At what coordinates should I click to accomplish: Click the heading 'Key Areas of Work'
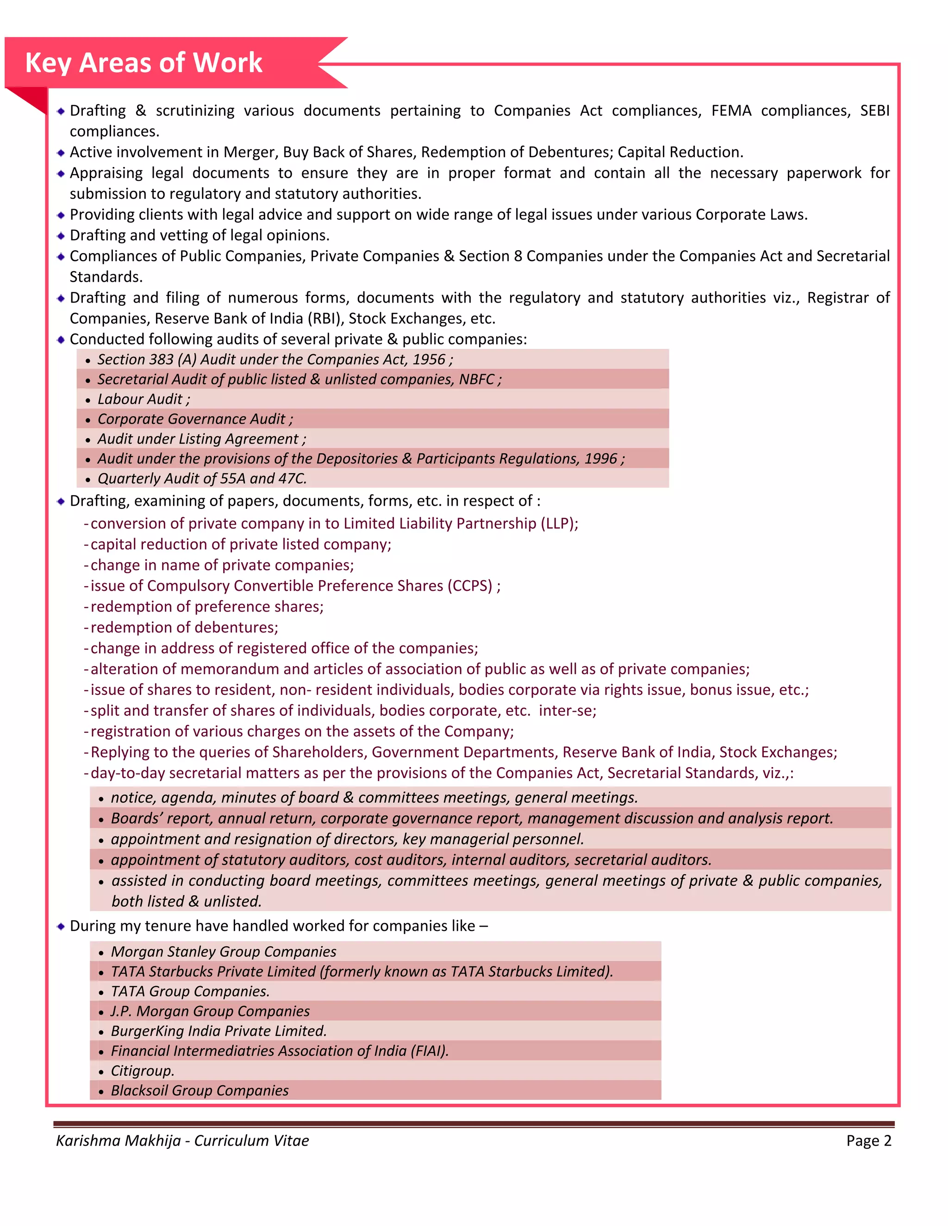[144, 62]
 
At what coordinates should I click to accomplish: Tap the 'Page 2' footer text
[868, 1141]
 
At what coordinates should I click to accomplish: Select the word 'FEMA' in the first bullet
[731, 111]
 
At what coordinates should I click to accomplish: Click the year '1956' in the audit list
[429, 359]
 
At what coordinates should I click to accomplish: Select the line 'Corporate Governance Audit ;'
[195, 419]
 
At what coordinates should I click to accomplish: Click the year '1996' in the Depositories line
[600, 458]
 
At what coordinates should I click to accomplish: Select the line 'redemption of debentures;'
[184, 627]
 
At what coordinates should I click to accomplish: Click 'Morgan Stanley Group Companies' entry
[223, 952]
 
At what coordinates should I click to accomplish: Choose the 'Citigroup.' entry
[143, 1071]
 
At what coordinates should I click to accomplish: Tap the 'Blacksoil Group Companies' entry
[200, 1090]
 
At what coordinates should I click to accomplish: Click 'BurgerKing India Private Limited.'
[218, 1031]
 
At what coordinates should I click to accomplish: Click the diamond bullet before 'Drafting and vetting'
[61, 236]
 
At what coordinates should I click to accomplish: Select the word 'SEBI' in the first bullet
[874, 111]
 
